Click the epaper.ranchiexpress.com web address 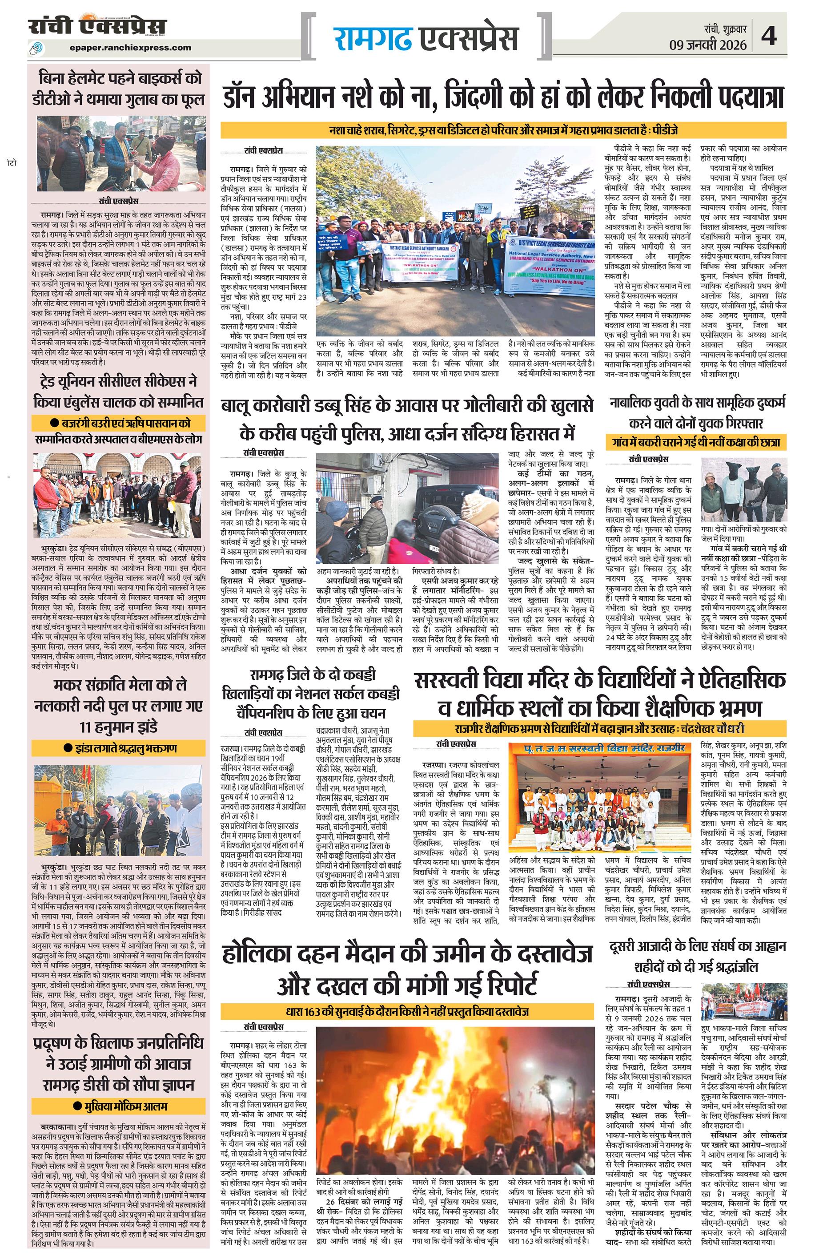[130, 48]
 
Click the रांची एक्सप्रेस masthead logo [98, 26]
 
